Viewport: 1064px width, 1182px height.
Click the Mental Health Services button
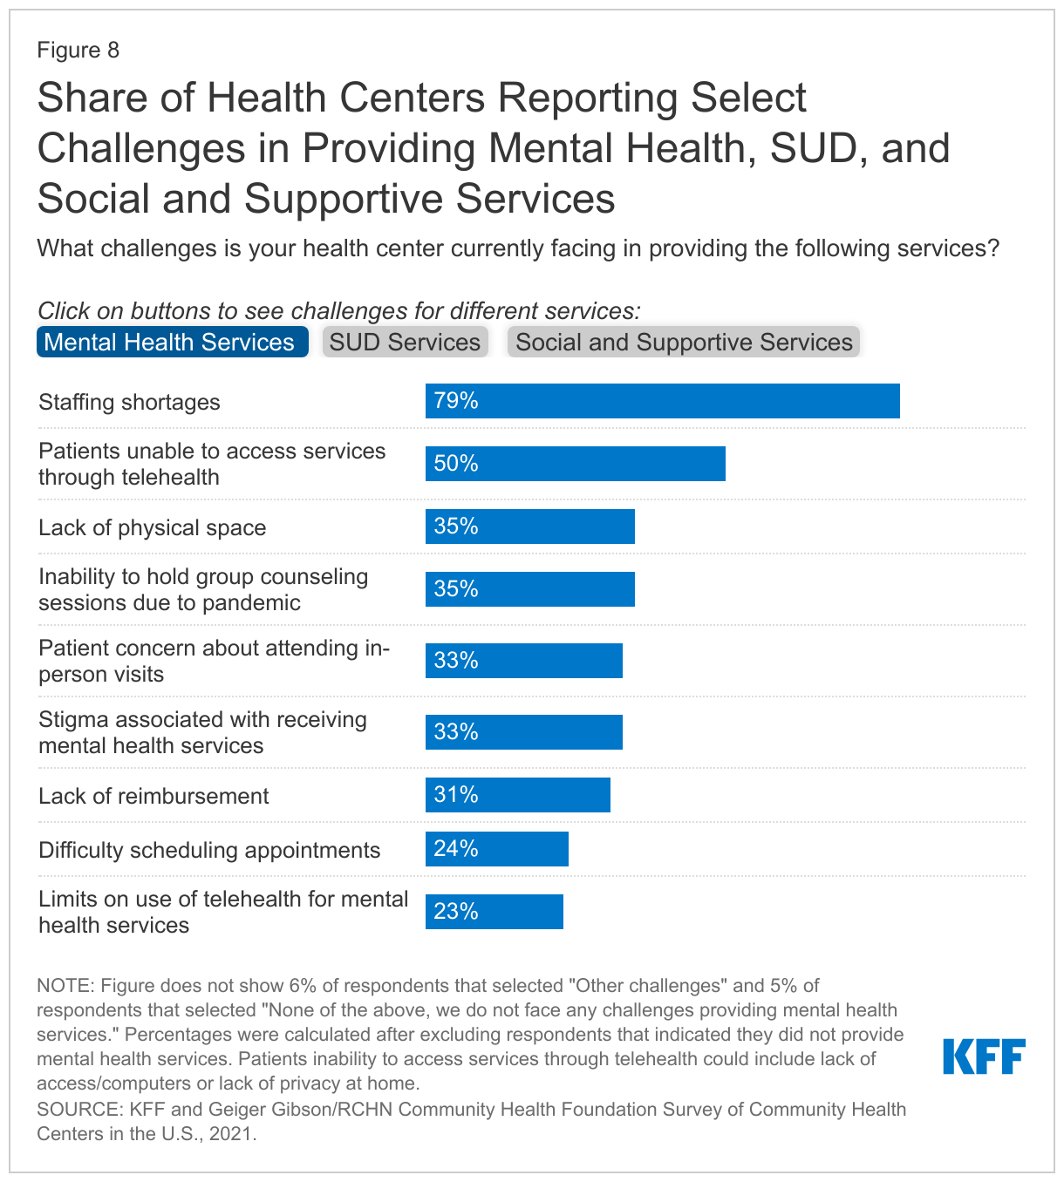[172, 342]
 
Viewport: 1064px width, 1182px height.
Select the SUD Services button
[405, 342]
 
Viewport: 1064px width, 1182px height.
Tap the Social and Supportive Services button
[684, 342]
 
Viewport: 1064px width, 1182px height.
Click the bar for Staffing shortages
[663, 401]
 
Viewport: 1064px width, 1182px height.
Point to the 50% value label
[456, 464]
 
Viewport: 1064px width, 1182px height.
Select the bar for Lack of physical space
[530, 526]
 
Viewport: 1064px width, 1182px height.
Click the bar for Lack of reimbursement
[518, 795]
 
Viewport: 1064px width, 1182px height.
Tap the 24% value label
[456, 849]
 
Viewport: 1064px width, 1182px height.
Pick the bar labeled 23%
[494, 912]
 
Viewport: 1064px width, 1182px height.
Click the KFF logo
[984, 1056]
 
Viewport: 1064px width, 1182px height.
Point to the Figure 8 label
[78, 50]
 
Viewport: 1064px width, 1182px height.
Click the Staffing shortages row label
[129, 402]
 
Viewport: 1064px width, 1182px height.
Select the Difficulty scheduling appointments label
[209, 850]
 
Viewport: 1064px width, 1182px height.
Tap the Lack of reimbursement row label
[153, 796]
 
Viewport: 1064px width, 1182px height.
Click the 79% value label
[456, 401]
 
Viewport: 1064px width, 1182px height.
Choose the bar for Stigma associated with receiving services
[524, 732]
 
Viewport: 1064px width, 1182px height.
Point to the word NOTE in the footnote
[64, 986]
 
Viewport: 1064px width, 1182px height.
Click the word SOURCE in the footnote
[77, 1110]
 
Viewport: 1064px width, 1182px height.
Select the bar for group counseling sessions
[530, 589]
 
